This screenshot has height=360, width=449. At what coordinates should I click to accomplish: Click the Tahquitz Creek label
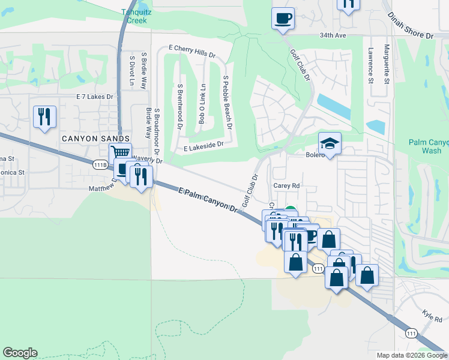(x=133, y=16)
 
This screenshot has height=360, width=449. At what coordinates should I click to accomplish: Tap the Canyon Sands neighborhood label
(x=96, y=139)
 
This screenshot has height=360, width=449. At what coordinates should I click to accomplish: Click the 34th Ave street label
(x=334, y=35)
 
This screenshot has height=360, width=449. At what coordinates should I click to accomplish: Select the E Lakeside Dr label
(x=203, y=145)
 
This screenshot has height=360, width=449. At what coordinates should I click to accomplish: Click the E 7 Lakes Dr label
(x=95, y=97)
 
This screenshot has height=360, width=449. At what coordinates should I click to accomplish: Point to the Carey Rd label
(x=286, y=186)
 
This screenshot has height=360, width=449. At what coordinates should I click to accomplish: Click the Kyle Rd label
(x=432, y=316)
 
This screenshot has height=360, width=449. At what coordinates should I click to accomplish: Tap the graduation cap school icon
(x=330, y=144)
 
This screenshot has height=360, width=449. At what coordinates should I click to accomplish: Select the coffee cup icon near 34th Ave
(x=283, y=18)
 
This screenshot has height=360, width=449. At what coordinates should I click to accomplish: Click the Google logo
(x=20, y=353)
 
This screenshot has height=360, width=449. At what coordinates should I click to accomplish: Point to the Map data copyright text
(x=412, y=355)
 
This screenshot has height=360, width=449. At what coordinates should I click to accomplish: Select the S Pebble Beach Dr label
(x=226, y=103)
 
